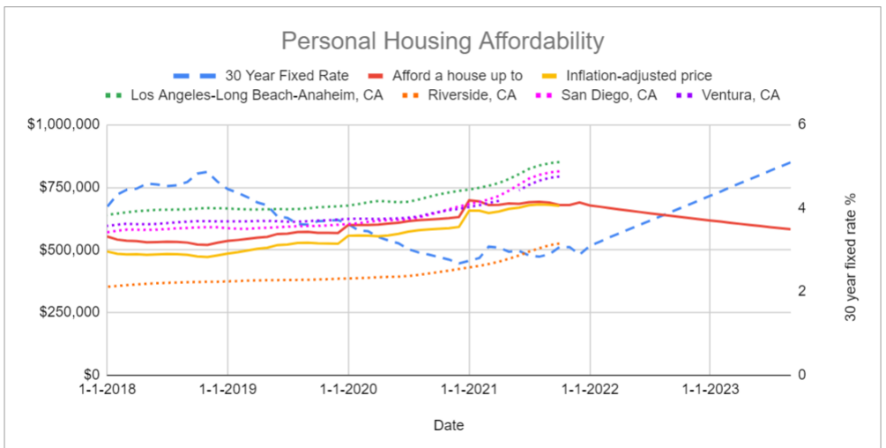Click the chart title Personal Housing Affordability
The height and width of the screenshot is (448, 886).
coord(443,41)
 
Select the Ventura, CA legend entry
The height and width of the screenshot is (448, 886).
coord(739,94)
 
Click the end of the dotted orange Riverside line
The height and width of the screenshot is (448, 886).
coord(559,243)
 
